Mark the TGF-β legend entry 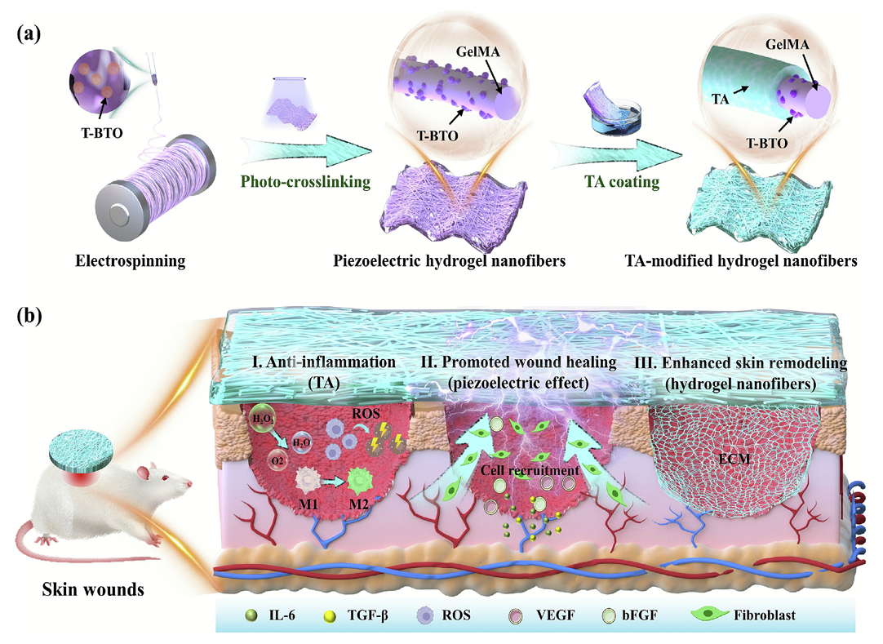click(x=376, y=613)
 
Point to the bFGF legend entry click(x=705, y=613)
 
